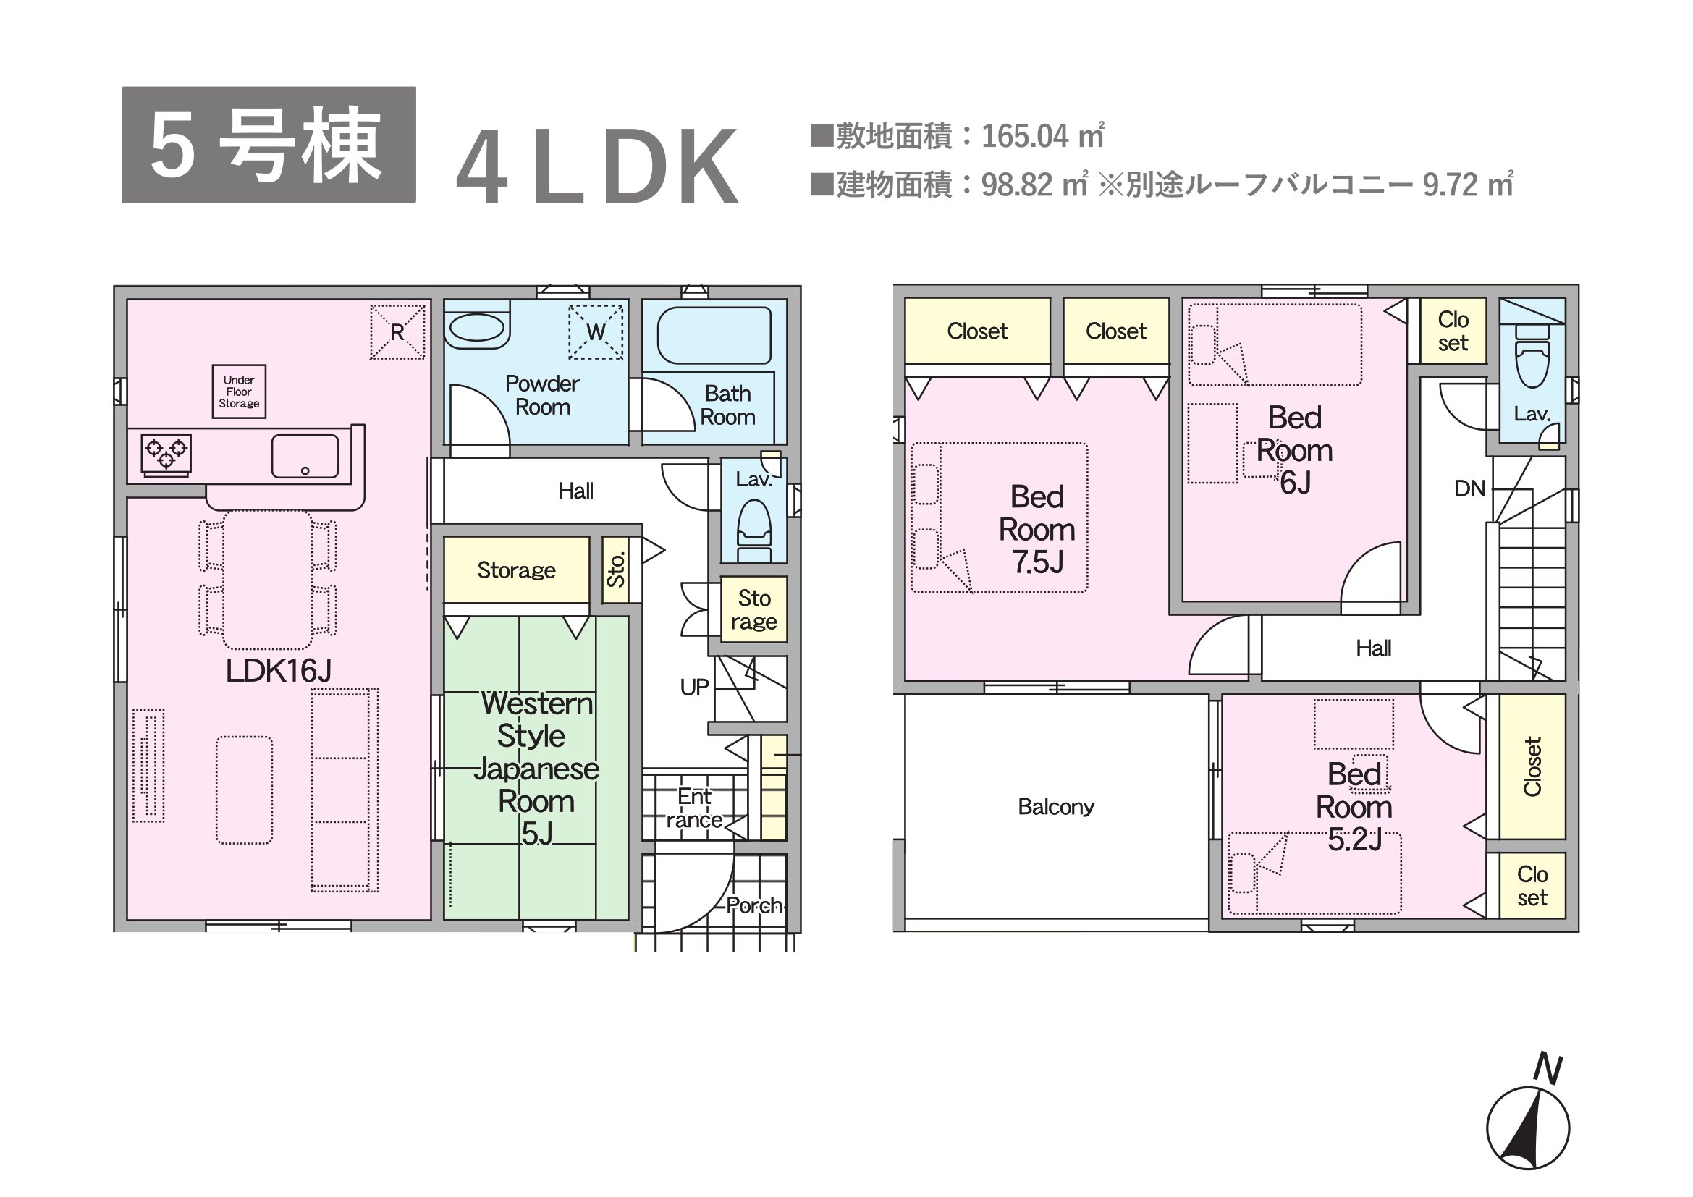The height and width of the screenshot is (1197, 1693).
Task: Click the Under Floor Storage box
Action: pos(239,392)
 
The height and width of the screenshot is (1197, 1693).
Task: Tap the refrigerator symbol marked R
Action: pos(397,331)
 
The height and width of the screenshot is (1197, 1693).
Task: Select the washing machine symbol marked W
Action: pos(596,331)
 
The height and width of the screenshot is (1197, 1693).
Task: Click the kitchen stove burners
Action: pos(166,452)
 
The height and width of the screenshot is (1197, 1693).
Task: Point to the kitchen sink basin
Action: pos(305,456)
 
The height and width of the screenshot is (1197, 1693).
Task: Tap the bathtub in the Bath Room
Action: pos(714,335)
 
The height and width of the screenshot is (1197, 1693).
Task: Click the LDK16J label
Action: pos(279,671)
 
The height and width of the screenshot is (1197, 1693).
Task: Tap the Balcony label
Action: pos(1056,806)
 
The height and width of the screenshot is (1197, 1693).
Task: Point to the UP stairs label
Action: pos(694,687)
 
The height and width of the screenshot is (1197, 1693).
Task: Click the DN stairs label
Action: pos(1469,488)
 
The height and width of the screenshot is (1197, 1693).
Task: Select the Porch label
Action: pos(753,905)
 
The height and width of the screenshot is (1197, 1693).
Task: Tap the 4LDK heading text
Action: pos(597,166)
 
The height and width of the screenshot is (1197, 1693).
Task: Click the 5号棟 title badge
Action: pos(269,145)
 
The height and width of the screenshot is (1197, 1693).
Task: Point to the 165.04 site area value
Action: pos(1026,136)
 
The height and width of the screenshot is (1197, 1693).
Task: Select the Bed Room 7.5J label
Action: pos(1037,529)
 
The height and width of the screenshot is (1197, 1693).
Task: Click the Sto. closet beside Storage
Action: pos(616,570)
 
